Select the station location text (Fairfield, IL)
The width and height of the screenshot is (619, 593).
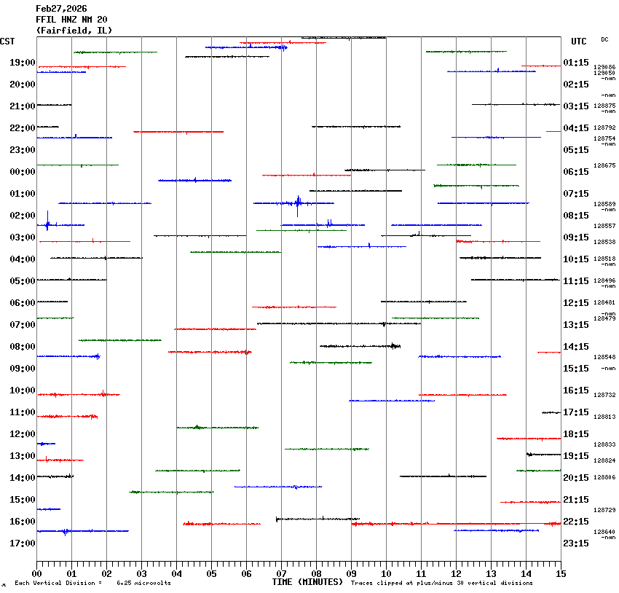(x=74, y=31)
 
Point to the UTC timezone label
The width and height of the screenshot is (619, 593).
(x=579, y=42)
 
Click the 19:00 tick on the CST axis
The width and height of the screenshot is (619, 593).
(x=23, y=63)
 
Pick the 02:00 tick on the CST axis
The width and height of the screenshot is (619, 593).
(x=23, y=216)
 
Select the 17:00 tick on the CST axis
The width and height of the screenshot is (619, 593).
(x=23, y=543)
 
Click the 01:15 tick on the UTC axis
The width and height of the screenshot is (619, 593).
(x=576, y=63)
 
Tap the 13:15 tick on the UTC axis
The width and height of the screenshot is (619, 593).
(x=576, y=325)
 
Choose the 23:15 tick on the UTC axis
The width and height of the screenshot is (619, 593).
(x=576, y=543)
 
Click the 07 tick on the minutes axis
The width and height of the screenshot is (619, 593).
(x=281, y=573)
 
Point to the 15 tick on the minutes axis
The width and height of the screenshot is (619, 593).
(x=560, y=573)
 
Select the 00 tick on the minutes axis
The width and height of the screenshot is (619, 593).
(x=36, y=573)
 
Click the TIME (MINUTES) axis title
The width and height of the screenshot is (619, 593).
(x=307, y=582)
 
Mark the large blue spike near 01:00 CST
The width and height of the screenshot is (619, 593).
(x=298, y=203)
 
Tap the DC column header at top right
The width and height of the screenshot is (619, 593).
(x=604, y=39)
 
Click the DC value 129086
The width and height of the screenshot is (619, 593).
(x=604, y=67)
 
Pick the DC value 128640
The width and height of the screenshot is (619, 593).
(x=604, y=532)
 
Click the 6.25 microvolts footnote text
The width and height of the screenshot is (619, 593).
(x=143, y=583)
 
